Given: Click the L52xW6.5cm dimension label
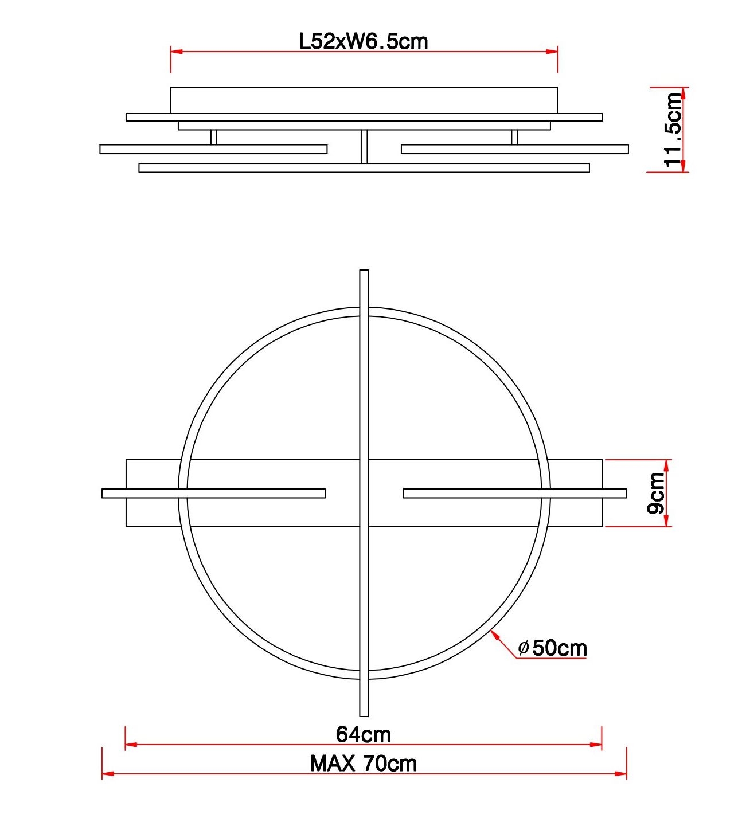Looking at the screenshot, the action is click(x=364, y=42).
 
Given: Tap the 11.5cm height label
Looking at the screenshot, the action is click(x=673, y=130).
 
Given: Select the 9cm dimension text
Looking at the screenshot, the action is click(x=656, y=493).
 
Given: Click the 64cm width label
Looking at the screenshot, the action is click(x=363, y=734).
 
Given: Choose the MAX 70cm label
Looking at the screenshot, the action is click(x=364, y=764).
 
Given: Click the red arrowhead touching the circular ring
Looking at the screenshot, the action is click(x=495, y=636).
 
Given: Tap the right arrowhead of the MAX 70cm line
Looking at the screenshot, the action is click(x=621, y=773).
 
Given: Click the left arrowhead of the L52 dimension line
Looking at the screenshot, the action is click(x=177, y=52).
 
